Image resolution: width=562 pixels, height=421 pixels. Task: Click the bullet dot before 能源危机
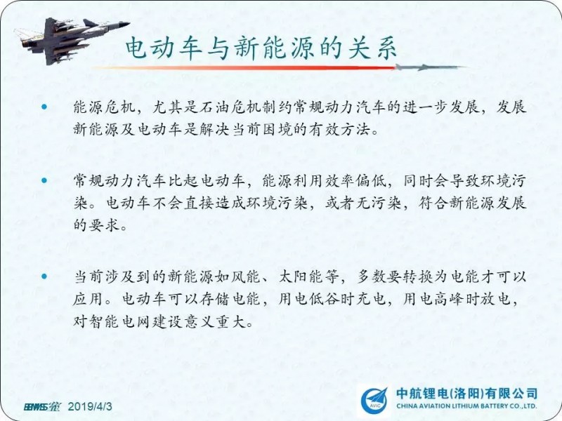coord(44,107)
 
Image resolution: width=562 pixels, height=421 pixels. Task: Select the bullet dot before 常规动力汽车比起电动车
coord(44,180)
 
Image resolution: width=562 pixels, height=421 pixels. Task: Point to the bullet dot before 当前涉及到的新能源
coord(44,276)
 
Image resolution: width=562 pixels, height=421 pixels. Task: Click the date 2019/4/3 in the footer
coord(90,407)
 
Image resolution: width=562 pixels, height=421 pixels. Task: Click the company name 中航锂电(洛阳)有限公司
coord(466,394)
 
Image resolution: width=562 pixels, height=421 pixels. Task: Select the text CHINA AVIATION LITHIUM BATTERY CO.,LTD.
coord(466,406)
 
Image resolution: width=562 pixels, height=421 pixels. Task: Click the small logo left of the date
coord(42,407)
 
